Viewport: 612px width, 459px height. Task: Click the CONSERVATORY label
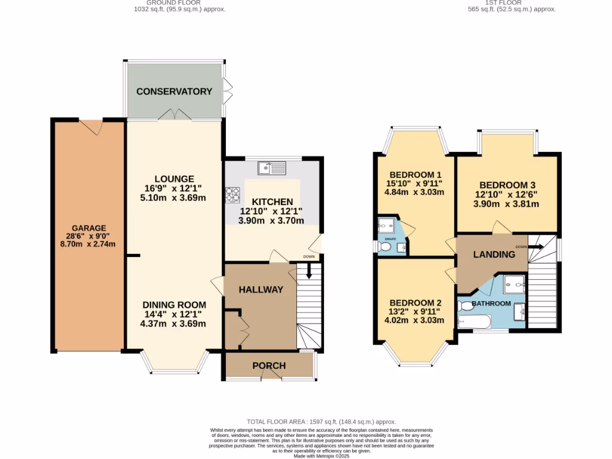[174, 91]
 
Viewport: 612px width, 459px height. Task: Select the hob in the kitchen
[232, 194]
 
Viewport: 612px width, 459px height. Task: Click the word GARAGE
[89, 228]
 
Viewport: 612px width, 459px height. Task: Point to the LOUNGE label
[174, 179]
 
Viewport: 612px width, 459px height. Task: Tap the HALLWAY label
[261, 289]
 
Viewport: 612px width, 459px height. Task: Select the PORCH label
[268, 366]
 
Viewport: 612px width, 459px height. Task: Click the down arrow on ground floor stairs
[308, 271]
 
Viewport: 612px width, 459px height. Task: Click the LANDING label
[494, 254]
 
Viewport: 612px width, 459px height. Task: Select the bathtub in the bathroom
[474, 323]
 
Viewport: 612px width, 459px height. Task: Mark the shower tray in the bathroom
[513, 284]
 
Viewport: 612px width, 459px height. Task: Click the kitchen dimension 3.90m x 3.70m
[271, 221]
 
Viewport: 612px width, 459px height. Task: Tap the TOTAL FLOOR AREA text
[321, 422]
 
